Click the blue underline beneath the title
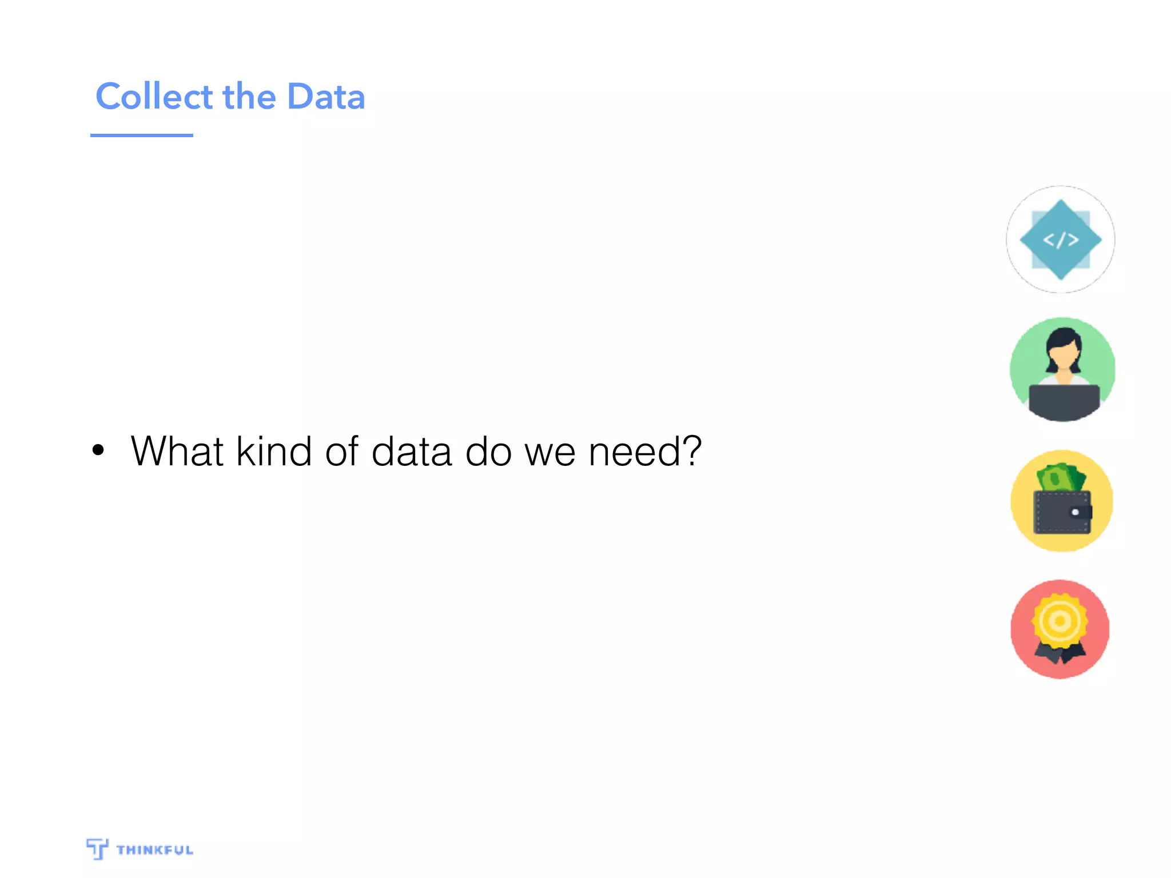pyautogui.click(x=141, y=135)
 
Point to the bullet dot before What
pyautogui.click(x=98, y=450)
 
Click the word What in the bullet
pyautogui.click(x=177, y=452)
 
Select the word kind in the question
pyautogui.click(x=274, y=452)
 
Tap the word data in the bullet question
pyautogui.click(x=412, y=452)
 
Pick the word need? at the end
pyautogui.click(x=645, y=452)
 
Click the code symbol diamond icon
pyautogui.click(x=1061, y=240)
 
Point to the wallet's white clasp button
pyautogui.click(x=1075, y=512)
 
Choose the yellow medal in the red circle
pyautogui.click(x=1060, y=621)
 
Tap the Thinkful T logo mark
pyautogui.click(x=97, y=848)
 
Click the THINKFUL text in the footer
pyautogui.click(x=155, y=850)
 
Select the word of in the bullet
pyautogui.click(x=341, y=452)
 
